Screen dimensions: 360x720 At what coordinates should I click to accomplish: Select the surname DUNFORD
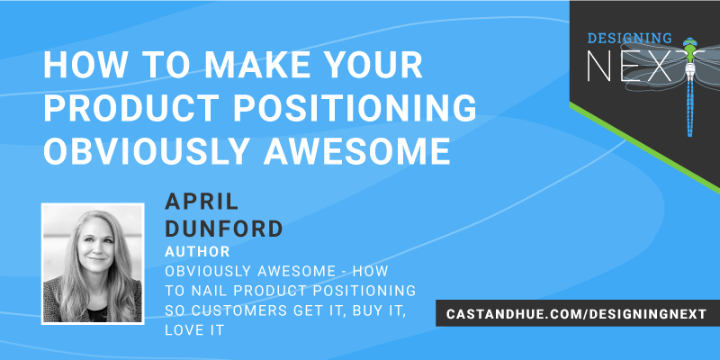click(x=223, y=228)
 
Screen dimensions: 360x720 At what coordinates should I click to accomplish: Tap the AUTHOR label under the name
click(x=197, y=250)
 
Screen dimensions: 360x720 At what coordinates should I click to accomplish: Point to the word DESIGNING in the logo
click(x=630, y=38)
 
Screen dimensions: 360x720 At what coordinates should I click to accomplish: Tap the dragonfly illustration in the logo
click(x=690, y=81)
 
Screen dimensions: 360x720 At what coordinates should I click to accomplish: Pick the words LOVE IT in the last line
click(x=193, y=332)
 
